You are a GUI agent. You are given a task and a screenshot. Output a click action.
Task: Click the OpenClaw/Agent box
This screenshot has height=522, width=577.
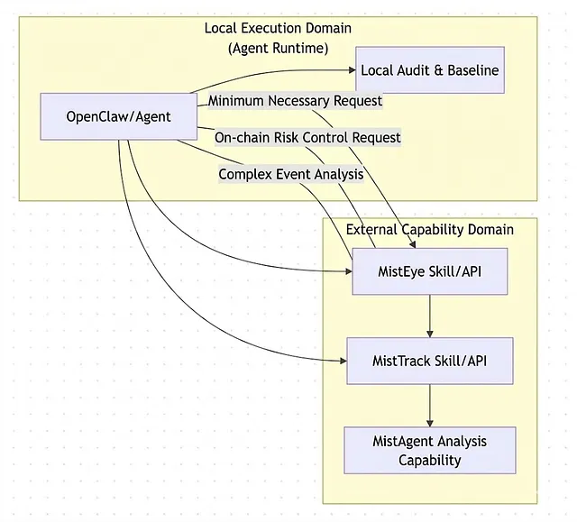[x=119, y=116]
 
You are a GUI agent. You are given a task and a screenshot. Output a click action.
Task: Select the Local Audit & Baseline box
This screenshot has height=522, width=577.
[x=429, y=69]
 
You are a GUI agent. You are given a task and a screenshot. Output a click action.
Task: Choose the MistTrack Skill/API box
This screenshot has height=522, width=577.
[x=430, y=361]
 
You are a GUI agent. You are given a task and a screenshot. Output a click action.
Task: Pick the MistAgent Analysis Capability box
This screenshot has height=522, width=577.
[x=429, y=450]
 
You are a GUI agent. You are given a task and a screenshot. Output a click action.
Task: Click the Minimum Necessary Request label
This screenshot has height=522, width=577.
[x=295, y=101]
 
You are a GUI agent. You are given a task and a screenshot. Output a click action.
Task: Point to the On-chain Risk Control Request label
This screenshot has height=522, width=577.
[x=307, y=137]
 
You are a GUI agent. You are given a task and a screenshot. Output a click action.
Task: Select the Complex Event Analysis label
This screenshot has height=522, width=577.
[x=291, y=173]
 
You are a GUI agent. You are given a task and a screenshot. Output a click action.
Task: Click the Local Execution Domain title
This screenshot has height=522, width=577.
[x=279, y=28]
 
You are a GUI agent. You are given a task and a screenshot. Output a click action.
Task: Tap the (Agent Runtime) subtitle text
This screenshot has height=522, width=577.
[x=279, y=47]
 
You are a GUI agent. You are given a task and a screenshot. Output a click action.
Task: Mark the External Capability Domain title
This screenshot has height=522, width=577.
[x=430, y=229]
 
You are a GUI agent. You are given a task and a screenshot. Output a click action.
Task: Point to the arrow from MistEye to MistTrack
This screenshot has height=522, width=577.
[x=429, y=315]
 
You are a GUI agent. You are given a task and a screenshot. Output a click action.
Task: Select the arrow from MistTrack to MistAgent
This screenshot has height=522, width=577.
[x=429, y=405]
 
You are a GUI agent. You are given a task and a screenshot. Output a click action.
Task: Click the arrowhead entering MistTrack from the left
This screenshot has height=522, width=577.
[x=343, y=361]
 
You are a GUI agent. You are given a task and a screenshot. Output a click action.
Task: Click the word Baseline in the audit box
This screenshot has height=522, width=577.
[x=469, y=69]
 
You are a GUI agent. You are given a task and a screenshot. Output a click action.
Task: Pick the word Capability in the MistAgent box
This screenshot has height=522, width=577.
[x=430, y=460]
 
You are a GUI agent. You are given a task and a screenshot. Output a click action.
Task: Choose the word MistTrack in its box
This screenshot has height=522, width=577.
[x=402, y=361]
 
